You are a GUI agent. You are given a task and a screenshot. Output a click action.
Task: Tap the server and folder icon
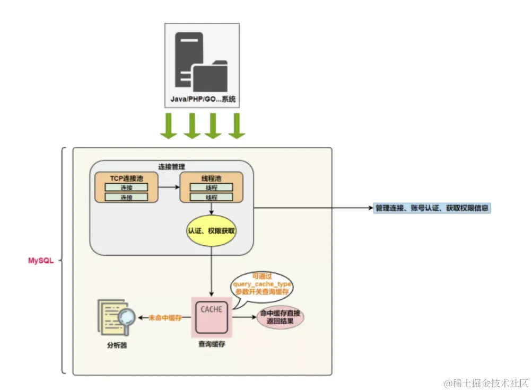[x=202, y=61]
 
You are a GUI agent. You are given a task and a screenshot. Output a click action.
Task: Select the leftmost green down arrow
[x=168, y=126]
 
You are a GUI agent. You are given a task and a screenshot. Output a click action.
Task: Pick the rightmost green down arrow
[x=236, y=126]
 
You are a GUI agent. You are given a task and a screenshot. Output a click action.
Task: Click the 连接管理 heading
[x=172, y=166]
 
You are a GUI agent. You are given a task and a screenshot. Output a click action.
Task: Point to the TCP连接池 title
[x=126, y=179]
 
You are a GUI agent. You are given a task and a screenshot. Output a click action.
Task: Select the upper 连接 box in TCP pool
[x=126, y=188]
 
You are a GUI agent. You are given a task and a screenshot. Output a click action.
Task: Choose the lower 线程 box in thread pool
[x=211, y=197]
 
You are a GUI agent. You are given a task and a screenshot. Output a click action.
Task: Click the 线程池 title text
[x=211, y=179]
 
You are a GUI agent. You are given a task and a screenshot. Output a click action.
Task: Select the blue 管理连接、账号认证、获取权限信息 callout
[x=432, y=208]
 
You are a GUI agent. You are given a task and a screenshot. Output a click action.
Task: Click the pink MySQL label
[x=41, y=261]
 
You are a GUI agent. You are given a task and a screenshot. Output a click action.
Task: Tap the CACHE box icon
[x=212, y=317]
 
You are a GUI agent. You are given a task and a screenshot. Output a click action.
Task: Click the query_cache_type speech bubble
[x=263, y=287]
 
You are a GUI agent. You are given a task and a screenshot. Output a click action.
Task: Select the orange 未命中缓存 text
[x=165, y=317]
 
